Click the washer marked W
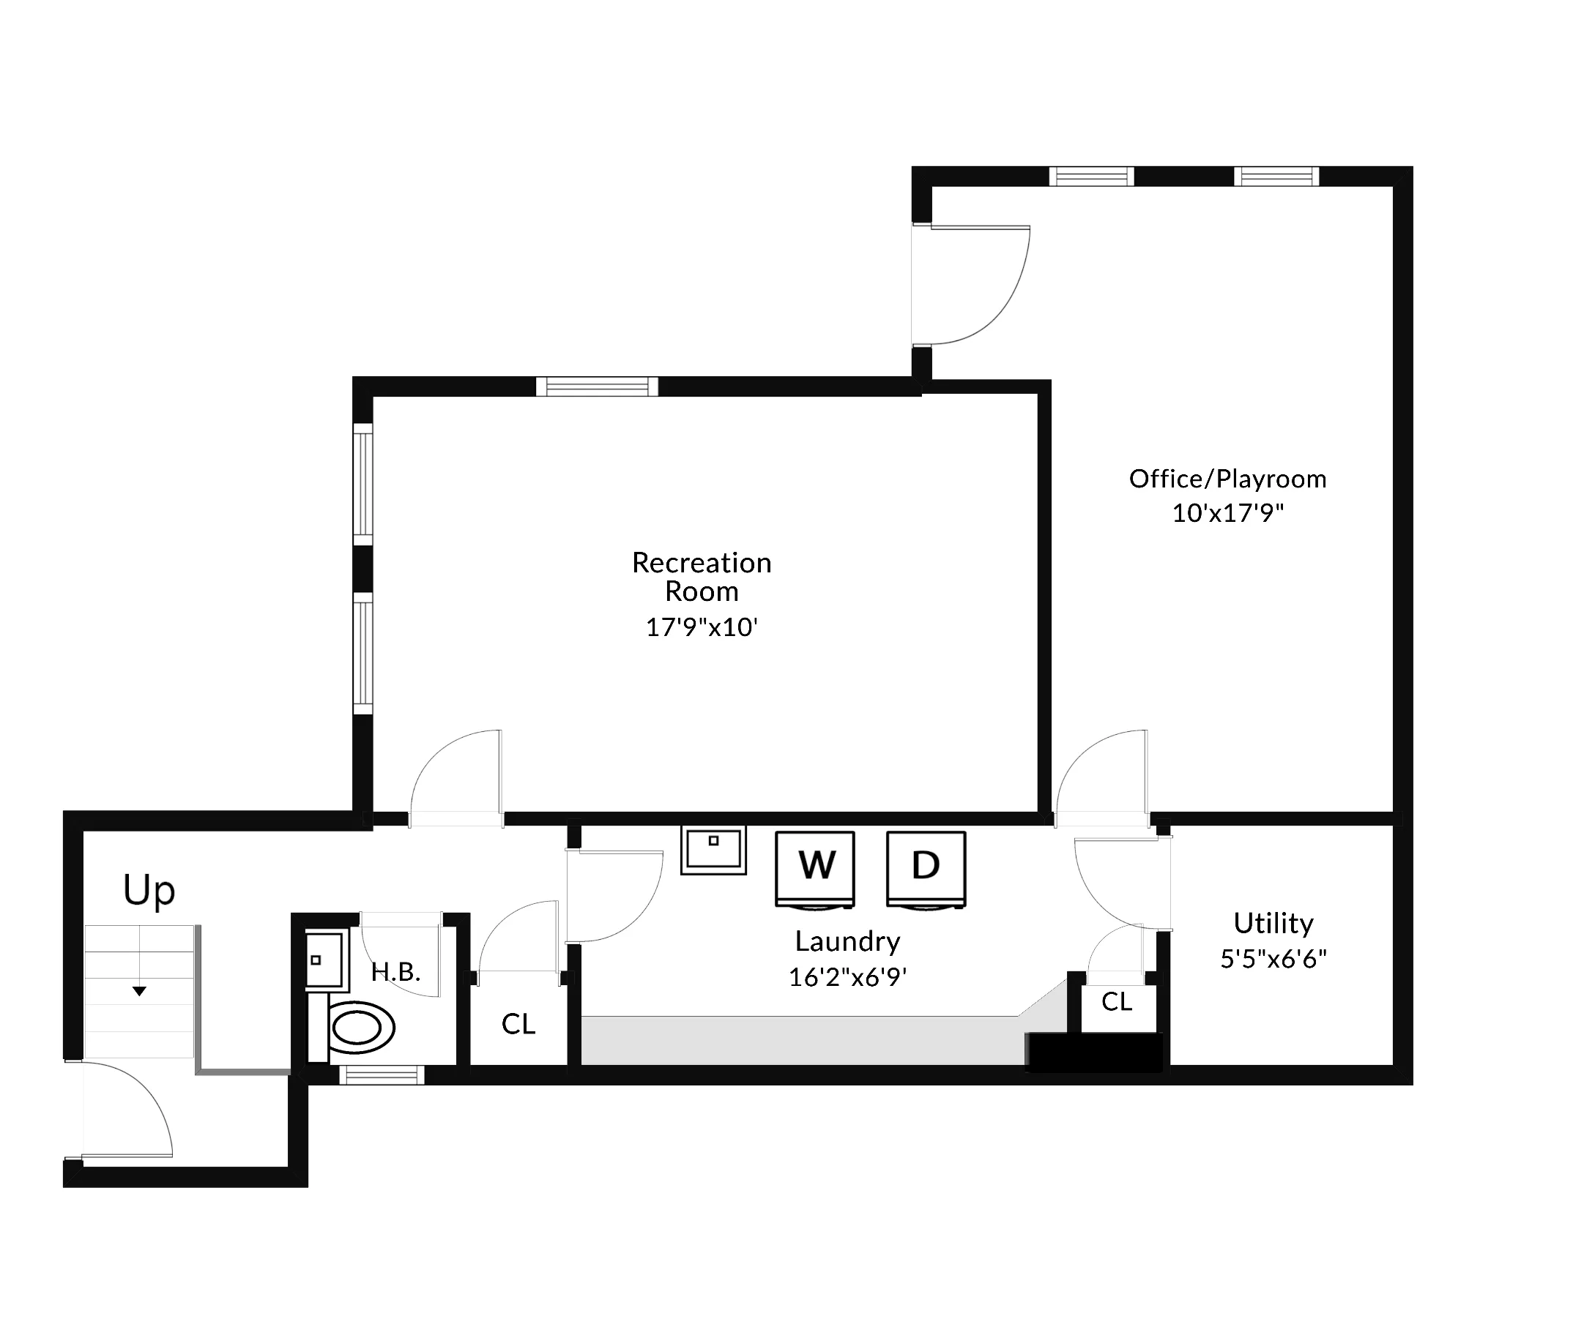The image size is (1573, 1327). [x=815, y=868]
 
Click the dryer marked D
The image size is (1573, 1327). [x=926, y=868]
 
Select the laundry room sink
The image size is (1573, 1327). [x=713, y=849]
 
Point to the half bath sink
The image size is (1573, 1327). [x=325, y=959]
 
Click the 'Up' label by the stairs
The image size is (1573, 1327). [x=149, y=891]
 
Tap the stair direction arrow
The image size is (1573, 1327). [x=139, y=992]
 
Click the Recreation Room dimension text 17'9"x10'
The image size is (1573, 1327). [x=701, y=627]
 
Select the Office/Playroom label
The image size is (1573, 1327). [x=1227, y=479]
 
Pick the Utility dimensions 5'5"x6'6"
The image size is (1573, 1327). [x=1273, y=959]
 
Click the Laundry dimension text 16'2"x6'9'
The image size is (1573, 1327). [x=847, y=977]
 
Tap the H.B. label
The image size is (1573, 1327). [x=395, y=972]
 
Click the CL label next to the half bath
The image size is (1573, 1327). [x=518, y=1024]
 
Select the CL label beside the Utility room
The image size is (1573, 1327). [x=1116, y=1001]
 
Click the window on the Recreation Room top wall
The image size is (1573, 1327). [x=597, y=386]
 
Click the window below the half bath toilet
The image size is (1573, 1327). [x=382, y=1075]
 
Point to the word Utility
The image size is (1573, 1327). [x=1273, y=923]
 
